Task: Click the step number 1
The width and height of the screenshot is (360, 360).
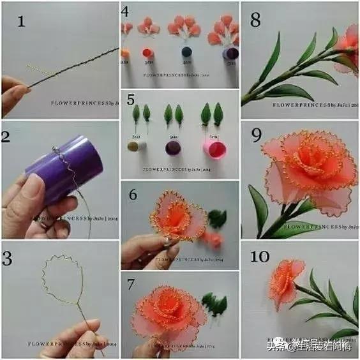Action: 22,22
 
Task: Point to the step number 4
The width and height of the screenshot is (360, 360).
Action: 126,11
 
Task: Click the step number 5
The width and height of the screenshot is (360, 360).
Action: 131,100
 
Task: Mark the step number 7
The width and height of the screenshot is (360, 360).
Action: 130,283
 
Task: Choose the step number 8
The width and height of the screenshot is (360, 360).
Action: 255,20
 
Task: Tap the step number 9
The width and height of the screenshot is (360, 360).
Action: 255,135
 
